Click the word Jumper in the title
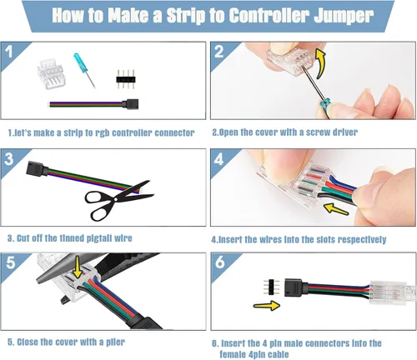[x=344, y=16]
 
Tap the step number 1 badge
[x=9, y=52]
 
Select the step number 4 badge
[x=219, y=159]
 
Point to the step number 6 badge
[x=220, y=262]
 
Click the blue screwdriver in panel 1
[x=84, y=70]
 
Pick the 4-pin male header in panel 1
[x=126, y=79]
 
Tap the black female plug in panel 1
[x=130, y=104]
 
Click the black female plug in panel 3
[x=37, y=169]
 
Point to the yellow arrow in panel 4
[x=336, y=209]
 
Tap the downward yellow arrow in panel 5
[x=78, y=267]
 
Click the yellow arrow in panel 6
[x=267, y=306]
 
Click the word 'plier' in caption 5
[x=115, y=342]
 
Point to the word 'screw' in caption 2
[x=318, y=132]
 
